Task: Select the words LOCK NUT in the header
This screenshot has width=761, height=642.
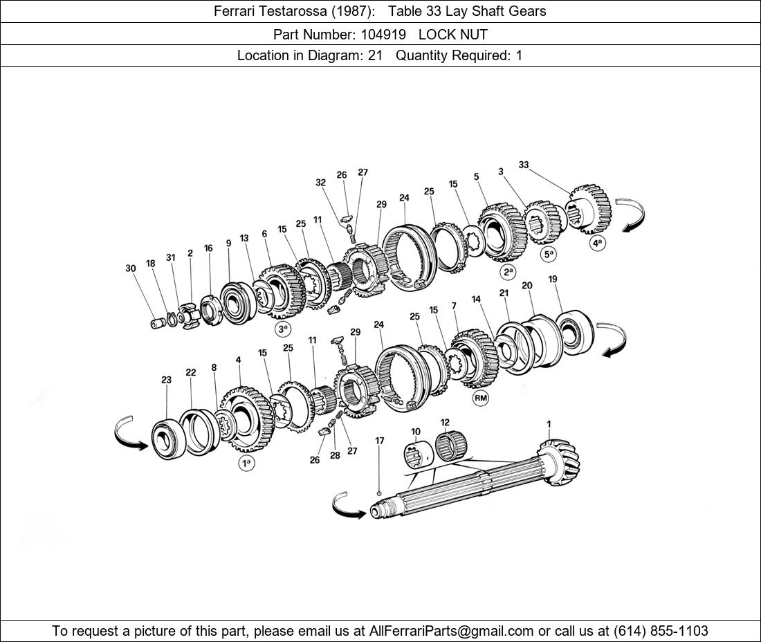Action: (453, 34)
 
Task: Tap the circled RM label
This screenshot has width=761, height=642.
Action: (480, 398)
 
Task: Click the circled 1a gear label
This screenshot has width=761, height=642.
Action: (246, 464)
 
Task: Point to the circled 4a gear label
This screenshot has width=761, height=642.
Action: (597, 243)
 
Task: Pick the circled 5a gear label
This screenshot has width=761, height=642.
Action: (549, 254)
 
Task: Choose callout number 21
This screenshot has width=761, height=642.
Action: (504, 293)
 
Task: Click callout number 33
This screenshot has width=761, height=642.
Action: (524, 165)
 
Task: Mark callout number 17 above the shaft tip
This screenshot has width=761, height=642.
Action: (380, 441)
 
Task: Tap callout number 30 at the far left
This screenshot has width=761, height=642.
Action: (131, 268)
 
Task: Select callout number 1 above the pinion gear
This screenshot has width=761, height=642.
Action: (549, 424)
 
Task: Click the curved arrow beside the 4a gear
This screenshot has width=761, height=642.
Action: (631, 214)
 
